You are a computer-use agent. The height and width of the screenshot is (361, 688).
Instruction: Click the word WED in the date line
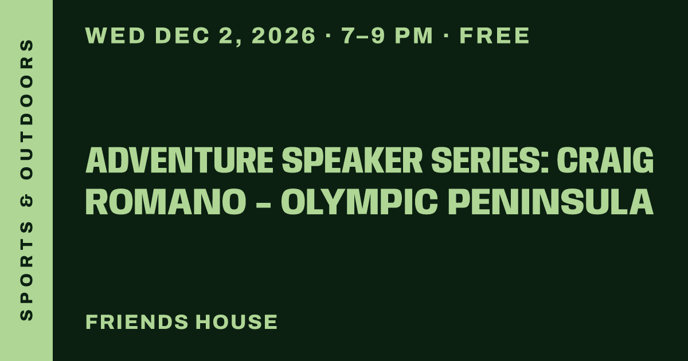115,36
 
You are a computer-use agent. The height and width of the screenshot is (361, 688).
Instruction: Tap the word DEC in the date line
183,36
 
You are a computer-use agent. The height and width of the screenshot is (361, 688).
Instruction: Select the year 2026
283,36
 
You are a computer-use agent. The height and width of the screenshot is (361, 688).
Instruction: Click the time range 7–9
363,36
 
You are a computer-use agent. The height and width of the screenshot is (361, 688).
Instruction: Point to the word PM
414,36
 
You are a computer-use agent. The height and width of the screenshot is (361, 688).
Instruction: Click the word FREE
494,36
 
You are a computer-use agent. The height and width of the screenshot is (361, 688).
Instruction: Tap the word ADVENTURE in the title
179,160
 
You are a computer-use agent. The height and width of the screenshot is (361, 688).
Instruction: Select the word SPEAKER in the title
352,160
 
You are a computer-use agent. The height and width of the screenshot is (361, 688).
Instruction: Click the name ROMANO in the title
166,202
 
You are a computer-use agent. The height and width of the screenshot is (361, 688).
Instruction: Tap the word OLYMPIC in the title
359,202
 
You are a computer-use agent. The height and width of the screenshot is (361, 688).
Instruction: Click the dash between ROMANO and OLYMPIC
263,204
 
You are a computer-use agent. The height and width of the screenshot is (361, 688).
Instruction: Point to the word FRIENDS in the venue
137,321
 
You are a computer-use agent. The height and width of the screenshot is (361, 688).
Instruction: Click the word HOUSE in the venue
237,321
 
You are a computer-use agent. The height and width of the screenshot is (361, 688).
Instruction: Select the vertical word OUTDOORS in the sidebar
26,109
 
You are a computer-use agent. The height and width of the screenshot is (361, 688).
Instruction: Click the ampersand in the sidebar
26,201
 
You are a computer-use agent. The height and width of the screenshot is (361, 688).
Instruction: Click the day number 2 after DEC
225,36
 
